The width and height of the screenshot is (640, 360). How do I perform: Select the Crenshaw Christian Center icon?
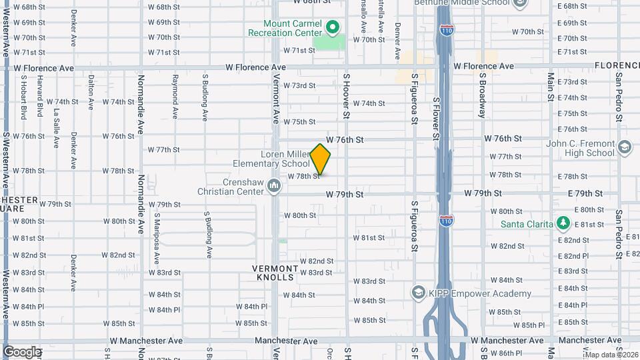[x=273, y=184]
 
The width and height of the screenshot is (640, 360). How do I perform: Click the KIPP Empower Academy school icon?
[x=418, y=293]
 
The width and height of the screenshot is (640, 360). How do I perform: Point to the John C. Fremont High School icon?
[x=624, y=147]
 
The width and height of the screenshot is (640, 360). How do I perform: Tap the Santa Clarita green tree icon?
[x=563, y=222]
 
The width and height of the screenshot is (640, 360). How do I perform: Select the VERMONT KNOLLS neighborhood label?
[x=273, y=272]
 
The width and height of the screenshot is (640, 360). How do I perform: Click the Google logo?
[x=21, y=351]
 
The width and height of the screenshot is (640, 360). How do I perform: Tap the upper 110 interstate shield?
[x=447, y=30]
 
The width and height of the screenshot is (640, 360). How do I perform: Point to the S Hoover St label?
[x=347, y=97]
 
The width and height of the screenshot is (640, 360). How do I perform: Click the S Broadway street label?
[x=481, y=95]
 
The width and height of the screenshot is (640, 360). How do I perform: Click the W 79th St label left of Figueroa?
[x=344, y=195]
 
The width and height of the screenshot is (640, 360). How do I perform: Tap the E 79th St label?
[x=580, y=193]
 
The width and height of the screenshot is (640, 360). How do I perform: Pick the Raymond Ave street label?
[x=175, y=97]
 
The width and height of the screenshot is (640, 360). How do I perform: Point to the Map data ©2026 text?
[x=611, y=355]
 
